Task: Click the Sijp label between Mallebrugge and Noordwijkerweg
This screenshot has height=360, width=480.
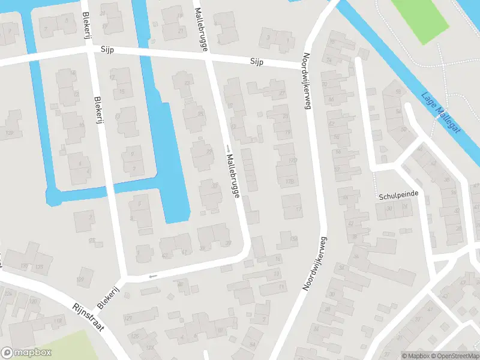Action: coord(257,62)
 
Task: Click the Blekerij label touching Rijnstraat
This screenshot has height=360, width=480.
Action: coord(104,293)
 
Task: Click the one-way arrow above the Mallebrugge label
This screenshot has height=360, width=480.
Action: coord(228,148)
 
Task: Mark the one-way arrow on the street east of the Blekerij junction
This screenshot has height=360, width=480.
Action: coord(152,276)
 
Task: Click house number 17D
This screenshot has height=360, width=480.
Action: coord(293,161)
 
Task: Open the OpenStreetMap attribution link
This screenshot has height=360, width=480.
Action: coord(455,356)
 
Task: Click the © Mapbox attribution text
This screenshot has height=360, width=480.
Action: coord(416,356)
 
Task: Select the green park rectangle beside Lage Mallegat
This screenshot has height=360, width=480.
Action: coord(420,19)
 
